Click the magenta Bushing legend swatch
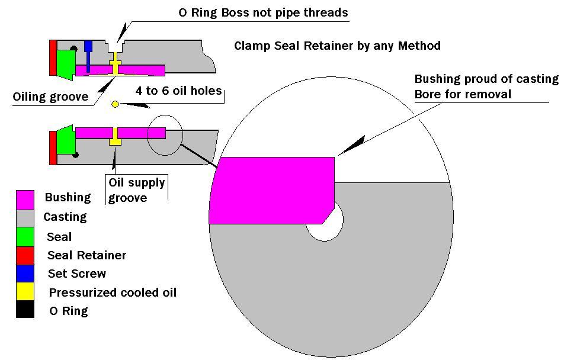point(25,198)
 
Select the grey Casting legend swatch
point(25,218)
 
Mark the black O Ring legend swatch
point(25,310)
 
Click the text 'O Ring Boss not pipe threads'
point(263,12)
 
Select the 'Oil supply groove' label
point(136,189)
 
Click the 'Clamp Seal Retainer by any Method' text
point(337,46)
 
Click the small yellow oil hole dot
point(116,105)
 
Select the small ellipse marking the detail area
point(165,135)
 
